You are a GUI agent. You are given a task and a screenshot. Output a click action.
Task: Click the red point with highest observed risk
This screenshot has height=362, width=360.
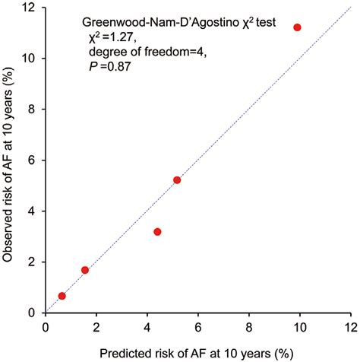(297, 27)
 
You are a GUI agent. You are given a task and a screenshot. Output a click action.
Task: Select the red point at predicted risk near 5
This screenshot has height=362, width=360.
(177, 180)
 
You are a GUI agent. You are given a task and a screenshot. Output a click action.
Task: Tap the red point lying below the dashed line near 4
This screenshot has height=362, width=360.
(157, 231)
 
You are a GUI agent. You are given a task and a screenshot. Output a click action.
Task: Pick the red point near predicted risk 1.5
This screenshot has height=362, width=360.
(85, 270)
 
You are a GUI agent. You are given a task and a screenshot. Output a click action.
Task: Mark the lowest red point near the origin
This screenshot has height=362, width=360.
(62, 295)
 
